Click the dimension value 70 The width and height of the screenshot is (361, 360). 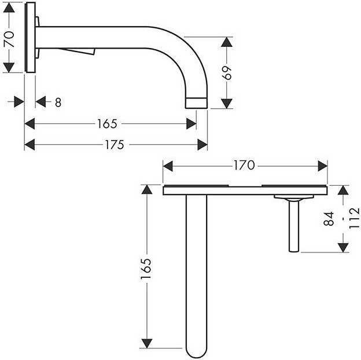tap(9, 39)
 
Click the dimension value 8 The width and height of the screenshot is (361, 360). tap(58, 102)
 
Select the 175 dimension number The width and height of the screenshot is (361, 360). tap(114, 145)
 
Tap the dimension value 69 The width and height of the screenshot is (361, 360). tap(227, 73)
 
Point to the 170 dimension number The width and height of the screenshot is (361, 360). tap(244, 166)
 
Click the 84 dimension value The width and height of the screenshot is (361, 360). tap(329, 219)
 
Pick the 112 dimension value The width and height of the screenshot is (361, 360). tap(354, 218)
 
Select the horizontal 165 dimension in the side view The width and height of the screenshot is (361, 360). tap(107, 124)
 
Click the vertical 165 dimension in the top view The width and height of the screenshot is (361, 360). tap(146, 269)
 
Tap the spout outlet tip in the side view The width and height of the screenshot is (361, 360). tap(196, 103)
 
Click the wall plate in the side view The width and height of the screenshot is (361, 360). tap(31, 37)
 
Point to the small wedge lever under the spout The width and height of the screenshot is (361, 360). tap(78, 52)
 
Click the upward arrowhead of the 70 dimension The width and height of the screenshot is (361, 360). tap(9, 8)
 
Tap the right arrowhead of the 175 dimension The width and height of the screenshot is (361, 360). tap(202, 145)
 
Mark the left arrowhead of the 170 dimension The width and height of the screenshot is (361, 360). tap(168, 166)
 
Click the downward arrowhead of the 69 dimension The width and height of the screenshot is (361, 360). tap(227, 103)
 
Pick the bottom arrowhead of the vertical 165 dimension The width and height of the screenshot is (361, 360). tap(147, 343)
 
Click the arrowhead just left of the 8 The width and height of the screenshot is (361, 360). tap(41, 102)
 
